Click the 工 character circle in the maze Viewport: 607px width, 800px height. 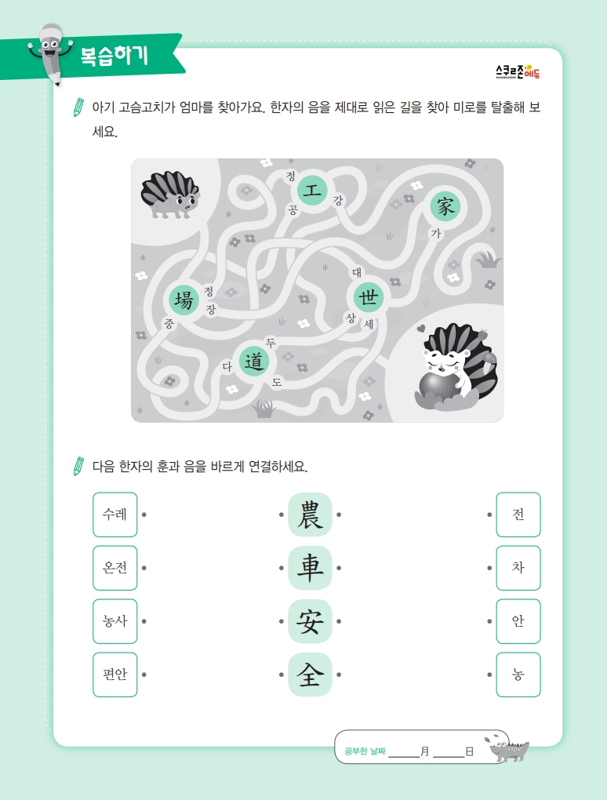click(x=311, y=191)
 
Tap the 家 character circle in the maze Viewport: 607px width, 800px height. click(x=445, y=206)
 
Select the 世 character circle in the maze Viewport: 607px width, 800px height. click(x=369, y=296)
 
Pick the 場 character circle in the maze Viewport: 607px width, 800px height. click(x=184, y=300)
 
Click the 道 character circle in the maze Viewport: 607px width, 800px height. click(x=253, y=362)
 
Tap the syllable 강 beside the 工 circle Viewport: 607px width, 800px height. click(x=338, y=200)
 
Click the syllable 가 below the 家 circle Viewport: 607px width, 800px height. click(x=436, y=234)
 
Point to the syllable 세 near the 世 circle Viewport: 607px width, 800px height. click(x=369, y=324)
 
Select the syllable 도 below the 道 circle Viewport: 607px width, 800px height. click(x=277, y=382)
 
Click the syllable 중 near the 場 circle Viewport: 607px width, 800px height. click(x=169, y=323)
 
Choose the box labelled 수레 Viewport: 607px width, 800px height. click(x=114, y=515)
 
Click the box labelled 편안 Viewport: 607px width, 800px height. click(x=114, y=675)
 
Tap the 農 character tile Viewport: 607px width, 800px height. click(x=310, y=515)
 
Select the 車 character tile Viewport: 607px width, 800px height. click(x=310, y=568)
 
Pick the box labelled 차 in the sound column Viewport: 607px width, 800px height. click(x=518, y=568)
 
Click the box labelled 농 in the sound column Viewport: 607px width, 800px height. click(x=518, y=675)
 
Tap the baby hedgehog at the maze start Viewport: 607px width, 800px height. click(x=170, y=195)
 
